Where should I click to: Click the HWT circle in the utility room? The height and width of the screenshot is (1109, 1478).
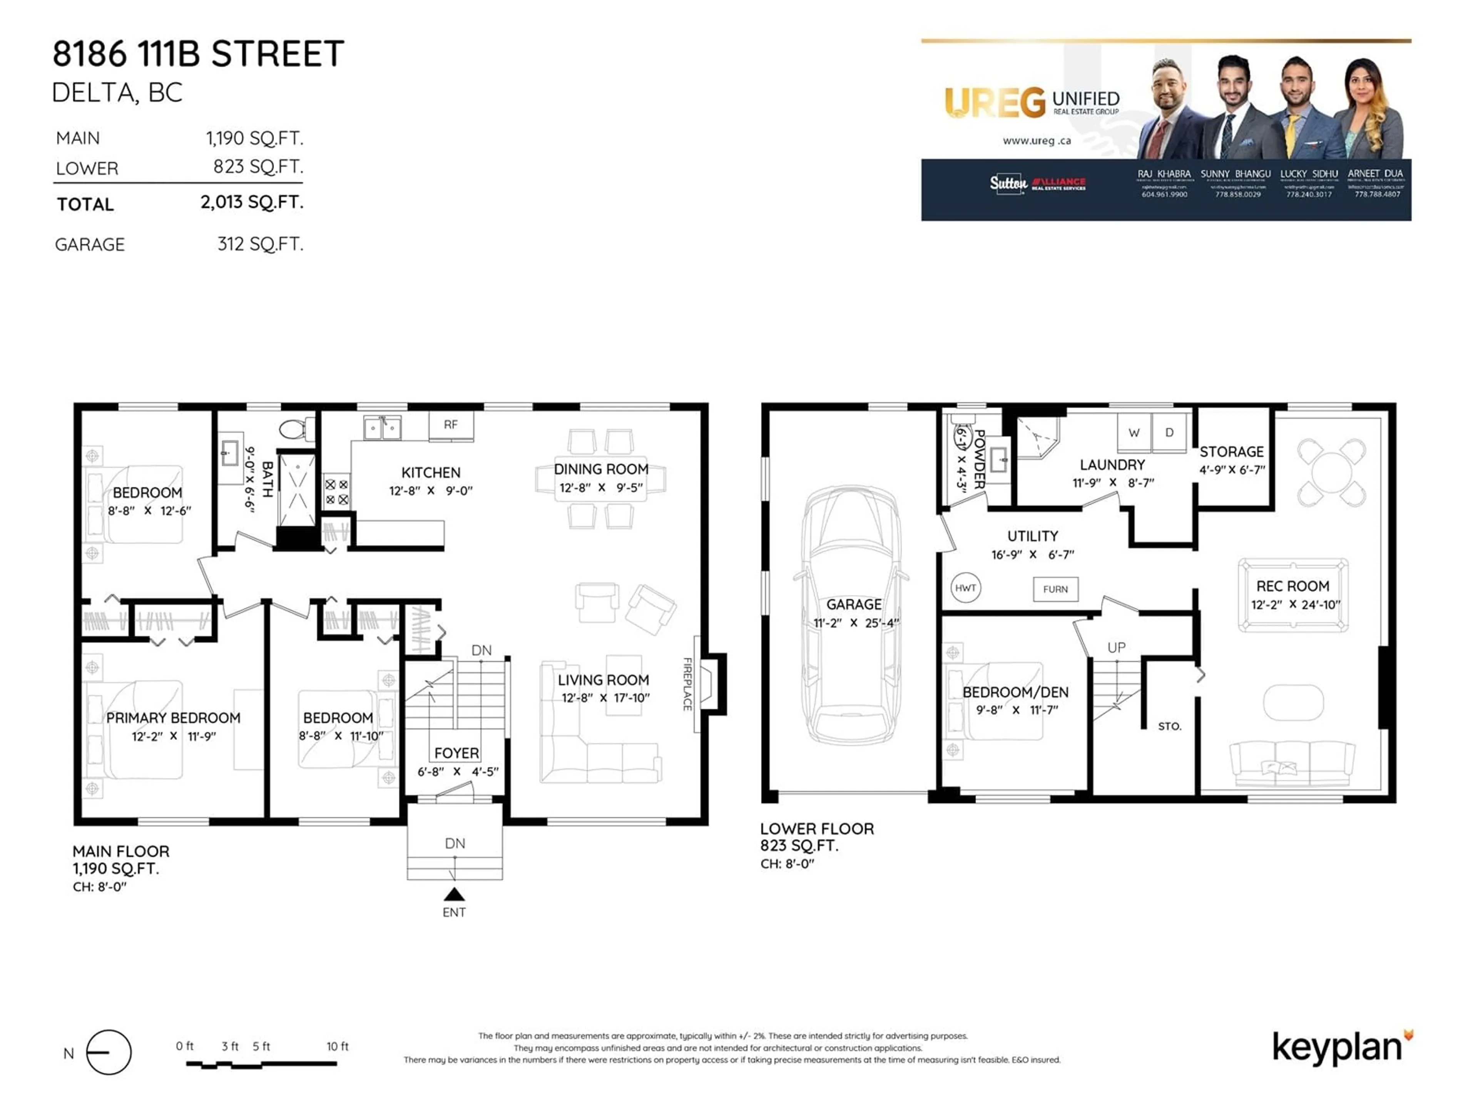coord(965,588)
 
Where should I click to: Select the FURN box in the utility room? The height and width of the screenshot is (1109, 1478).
coord(1055,589)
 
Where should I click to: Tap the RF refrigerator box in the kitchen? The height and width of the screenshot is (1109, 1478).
coord(451,424)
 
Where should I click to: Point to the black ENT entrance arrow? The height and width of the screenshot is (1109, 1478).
coord(454,895)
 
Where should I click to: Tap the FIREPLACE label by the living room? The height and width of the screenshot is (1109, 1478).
coord(687,684)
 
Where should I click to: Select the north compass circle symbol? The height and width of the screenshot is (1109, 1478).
coord(109,1052)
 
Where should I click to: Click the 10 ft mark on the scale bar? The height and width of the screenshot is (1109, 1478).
coord(337,1046)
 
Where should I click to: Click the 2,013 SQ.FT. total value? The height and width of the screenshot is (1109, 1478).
coord(252,202)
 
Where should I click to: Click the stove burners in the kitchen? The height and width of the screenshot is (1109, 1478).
coord(336,492)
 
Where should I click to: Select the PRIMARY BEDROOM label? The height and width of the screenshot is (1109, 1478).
coord(173,718)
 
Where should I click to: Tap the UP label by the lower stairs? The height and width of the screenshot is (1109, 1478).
coord(1116,647)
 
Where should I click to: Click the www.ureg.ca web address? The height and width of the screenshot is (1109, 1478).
coord(1037,141)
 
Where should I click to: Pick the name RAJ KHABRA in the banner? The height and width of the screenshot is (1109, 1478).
coord(1164,174)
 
